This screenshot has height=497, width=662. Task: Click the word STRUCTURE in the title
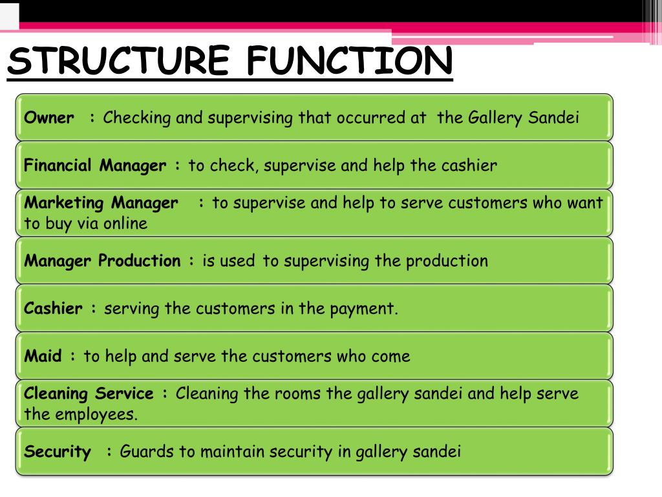(118, 61)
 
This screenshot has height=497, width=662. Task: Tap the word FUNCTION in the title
(350, 61)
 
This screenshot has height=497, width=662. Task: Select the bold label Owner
(49, 118)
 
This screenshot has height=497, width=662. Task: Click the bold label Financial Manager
(95, 166)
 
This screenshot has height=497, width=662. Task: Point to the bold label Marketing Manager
(101, 203)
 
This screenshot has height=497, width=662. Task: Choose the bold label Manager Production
(103, 261)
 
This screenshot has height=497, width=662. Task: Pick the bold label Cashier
(54, 309)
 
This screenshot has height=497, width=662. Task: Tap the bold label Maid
(43, 356)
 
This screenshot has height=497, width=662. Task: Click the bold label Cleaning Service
(89, 393)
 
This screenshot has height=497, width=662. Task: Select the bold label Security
(58, 452)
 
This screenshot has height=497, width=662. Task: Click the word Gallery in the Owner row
(496, 118)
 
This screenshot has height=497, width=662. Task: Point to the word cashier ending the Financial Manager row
(469, 166)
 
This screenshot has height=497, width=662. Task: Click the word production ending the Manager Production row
(447, 261)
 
